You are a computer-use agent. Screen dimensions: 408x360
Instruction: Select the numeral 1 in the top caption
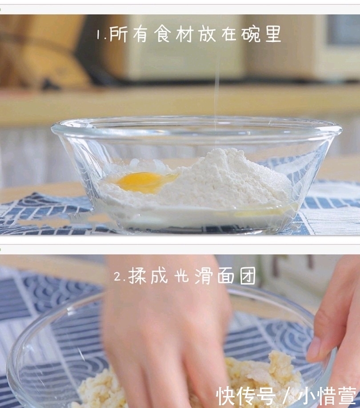click(x=99, y=35)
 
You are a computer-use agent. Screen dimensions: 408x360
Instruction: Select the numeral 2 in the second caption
click(x=118, y=277)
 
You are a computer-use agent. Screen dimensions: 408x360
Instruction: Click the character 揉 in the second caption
click(x=138, y=276)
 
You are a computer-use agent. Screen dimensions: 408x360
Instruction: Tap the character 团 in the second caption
click(x=248, y=276)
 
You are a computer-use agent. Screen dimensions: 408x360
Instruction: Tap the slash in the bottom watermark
click(x=286, y=395)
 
